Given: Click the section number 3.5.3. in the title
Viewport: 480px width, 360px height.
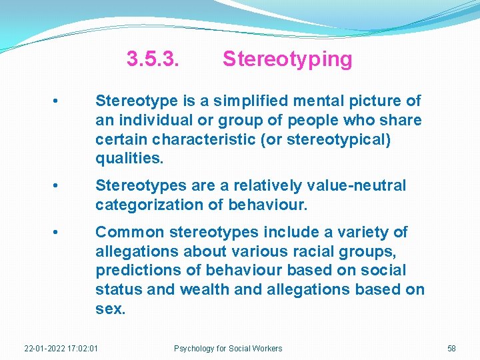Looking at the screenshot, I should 153,59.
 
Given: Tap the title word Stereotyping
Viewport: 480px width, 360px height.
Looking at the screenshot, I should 287,59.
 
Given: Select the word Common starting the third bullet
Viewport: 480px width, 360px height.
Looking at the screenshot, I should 130,232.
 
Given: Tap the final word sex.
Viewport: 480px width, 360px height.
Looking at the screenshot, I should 110,309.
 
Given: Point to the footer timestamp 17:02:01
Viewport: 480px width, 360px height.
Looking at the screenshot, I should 83,349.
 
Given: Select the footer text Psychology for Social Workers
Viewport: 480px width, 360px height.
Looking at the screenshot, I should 228,349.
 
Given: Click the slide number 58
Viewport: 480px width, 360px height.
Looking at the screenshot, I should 451,349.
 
